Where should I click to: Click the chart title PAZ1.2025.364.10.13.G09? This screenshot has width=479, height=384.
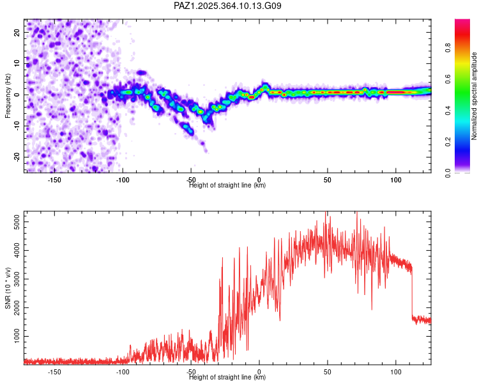coord(228,6)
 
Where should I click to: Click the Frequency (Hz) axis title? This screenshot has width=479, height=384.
coord(8,95)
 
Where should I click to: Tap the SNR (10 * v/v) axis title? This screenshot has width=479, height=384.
coord(8,287)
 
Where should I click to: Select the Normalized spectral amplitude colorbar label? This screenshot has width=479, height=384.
coord(474,96)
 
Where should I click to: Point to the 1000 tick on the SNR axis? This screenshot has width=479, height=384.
coord(14,336)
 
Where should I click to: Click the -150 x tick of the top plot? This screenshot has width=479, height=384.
coord(54,179)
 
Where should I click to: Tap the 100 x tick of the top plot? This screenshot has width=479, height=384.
coord(396,179)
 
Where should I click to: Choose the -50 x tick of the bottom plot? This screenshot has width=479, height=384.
coord(191,371)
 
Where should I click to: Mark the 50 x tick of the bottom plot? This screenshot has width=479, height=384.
coord(327,371)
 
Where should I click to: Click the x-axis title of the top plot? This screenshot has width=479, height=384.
coord(227,186)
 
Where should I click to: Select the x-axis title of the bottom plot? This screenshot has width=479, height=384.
coord(227,378)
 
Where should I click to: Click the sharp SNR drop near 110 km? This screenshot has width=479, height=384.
coord(412,291)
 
